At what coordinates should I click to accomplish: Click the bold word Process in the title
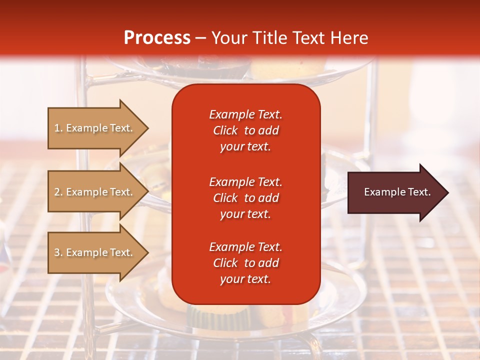(157, 38)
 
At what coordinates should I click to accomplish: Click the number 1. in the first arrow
(58, 128)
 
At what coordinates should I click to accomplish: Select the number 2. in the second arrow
(58, 192)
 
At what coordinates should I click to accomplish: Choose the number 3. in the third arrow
(58, 252)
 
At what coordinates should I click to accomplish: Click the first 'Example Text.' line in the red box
(245, 114)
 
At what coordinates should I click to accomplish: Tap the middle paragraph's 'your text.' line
(245, 214)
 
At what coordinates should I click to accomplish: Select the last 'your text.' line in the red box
(245, 279)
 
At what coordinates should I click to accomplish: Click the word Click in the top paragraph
(225, 130)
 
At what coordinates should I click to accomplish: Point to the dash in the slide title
(200, 38)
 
